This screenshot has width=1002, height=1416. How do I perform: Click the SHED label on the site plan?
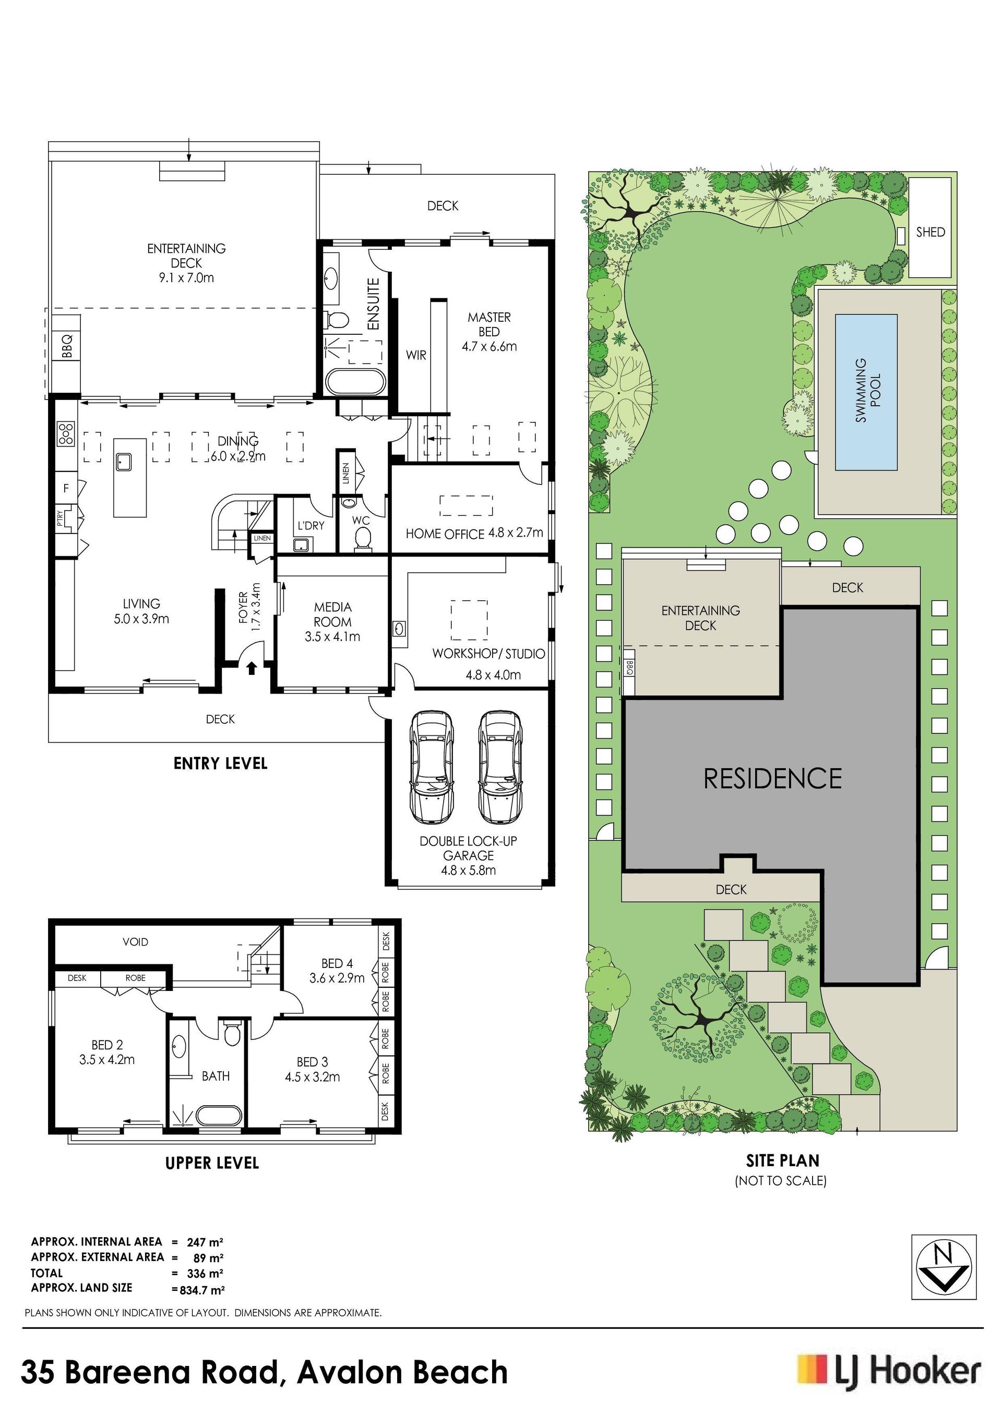930,232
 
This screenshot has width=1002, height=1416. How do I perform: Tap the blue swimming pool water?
866,392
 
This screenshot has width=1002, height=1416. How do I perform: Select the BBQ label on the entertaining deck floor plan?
67,345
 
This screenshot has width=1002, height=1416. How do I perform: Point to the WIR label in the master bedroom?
416,355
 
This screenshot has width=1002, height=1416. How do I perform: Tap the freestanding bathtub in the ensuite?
355,382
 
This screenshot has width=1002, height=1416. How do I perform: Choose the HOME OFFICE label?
444,534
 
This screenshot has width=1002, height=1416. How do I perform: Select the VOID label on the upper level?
135,942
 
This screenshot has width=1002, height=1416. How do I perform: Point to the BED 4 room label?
337,963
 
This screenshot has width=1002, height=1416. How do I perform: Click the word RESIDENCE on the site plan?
772,778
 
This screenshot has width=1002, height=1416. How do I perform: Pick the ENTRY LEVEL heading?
220,764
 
